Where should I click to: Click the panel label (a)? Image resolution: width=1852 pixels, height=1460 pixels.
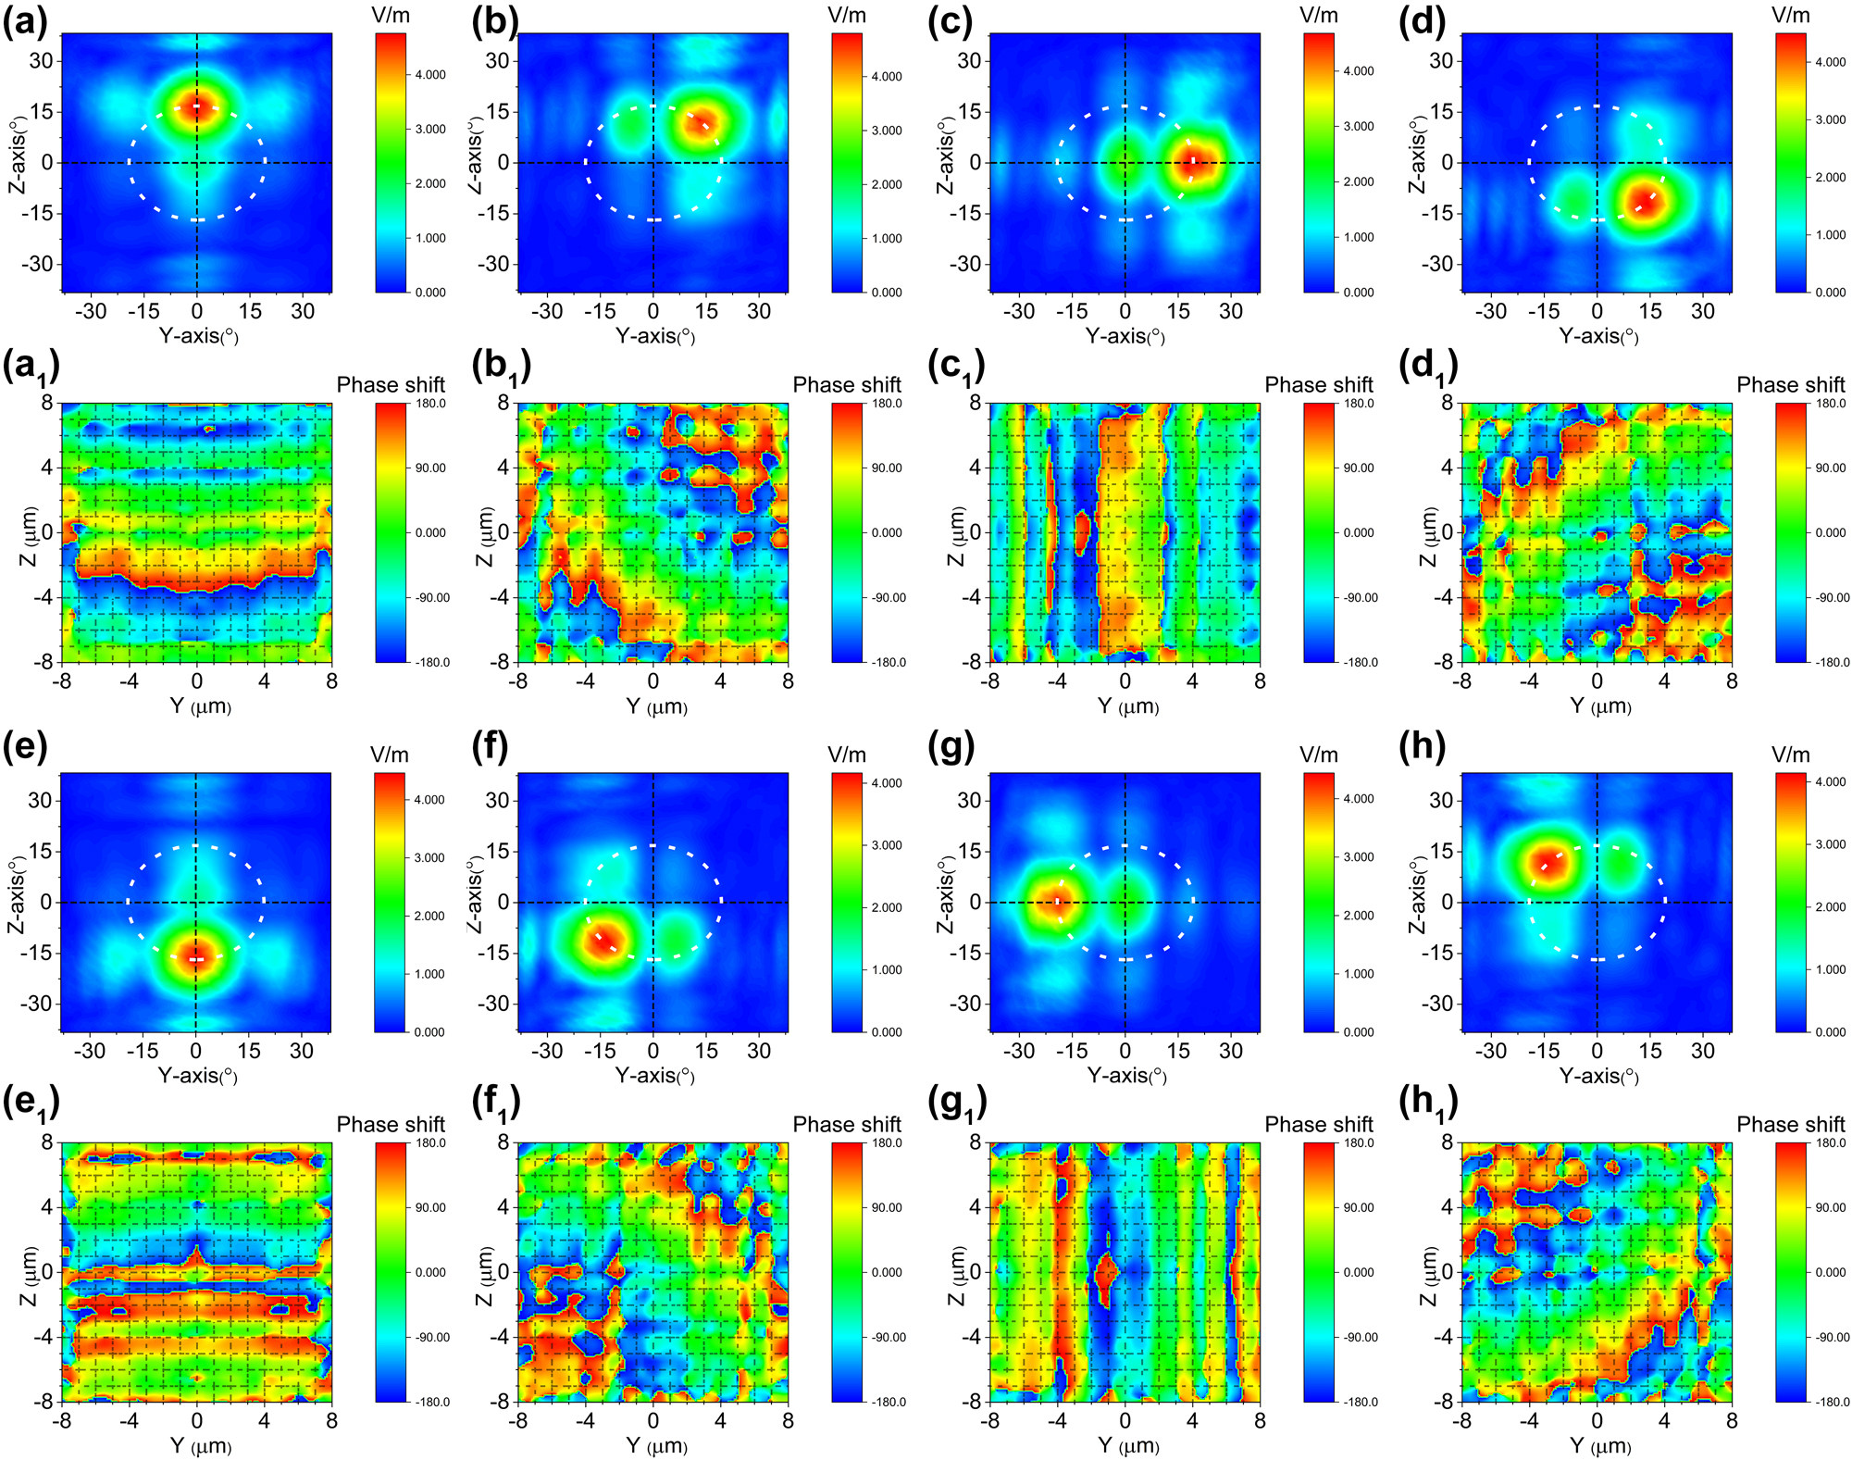25,21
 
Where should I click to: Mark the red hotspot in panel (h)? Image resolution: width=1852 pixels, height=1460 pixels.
1545,862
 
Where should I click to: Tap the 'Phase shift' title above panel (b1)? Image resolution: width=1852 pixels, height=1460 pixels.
846,384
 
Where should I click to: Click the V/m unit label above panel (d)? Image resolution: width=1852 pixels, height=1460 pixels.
1790,15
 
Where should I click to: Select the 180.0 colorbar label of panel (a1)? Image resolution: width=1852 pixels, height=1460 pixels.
430,404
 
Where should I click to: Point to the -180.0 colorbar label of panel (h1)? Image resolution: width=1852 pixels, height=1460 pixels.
1831,1402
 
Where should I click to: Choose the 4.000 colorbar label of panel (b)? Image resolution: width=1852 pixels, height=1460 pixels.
887,77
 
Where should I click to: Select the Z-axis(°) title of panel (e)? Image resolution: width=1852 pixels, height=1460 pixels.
17,895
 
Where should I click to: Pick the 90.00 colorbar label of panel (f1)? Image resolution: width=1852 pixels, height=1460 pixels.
887,1207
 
